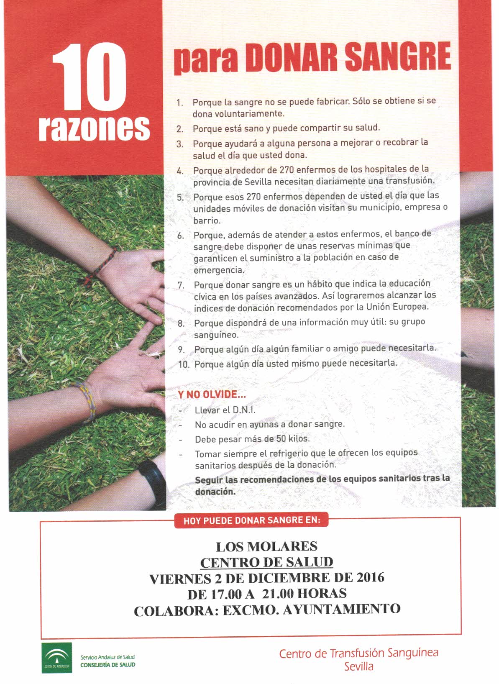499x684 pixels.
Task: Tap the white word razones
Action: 94,127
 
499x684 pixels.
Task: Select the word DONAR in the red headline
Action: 292,58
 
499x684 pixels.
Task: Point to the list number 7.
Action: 181,285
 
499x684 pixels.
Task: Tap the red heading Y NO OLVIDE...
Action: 212,395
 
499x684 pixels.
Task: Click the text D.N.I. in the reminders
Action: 243,410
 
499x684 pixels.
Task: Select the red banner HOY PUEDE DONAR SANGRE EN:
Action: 252,521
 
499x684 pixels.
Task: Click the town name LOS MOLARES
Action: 266,546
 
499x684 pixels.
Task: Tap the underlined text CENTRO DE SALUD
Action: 266,562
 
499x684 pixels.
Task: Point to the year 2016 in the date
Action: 370,578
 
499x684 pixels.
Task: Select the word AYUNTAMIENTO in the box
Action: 342,609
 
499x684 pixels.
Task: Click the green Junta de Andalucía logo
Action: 56,658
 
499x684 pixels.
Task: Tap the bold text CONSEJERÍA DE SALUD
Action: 107,664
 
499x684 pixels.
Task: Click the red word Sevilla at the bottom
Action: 358,666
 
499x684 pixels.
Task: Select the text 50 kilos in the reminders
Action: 292,439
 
